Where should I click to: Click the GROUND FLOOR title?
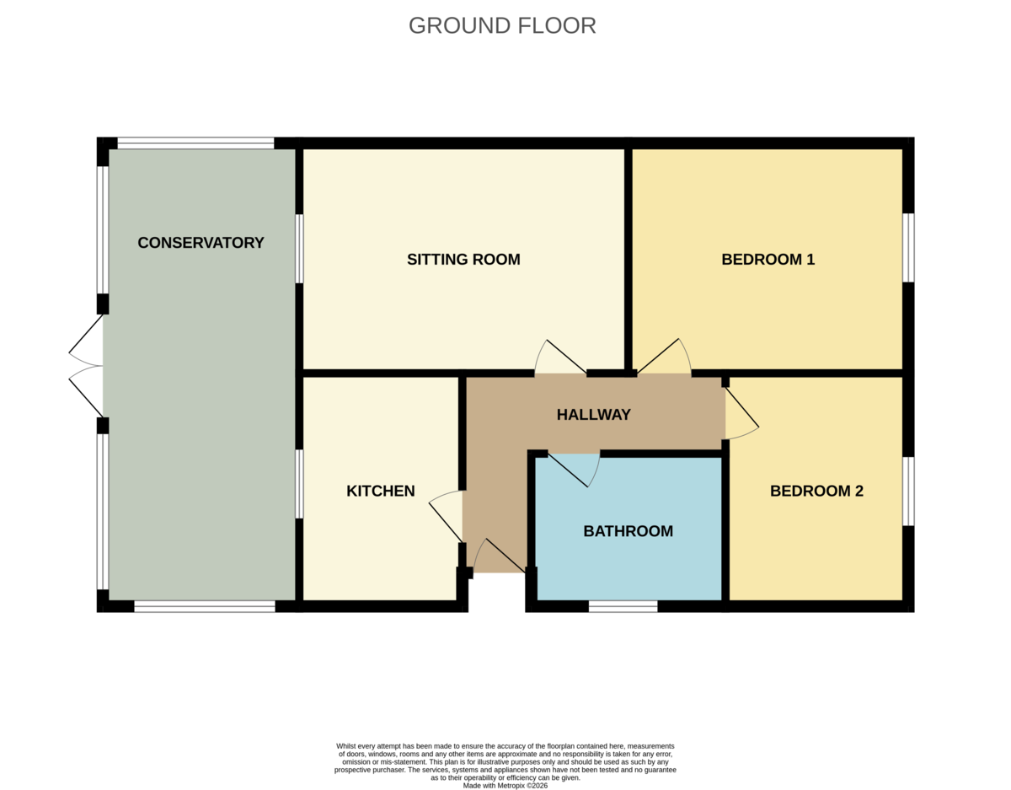502,26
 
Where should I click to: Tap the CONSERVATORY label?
201,243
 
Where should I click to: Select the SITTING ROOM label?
463,260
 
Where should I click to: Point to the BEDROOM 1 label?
768,260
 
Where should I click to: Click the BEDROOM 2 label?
816,491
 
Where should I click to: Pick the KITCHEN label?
381,491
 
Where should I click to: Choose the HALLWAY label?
594,414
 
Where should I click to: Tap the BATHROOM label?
629,530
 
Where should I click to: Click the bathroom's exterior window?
623,606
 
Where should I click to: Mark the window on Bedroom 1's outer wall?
908,248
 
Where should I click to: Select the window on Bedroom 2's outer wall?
908,492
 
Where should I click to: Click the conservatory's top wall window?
195,143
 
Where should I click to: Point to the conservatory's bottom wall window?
205,606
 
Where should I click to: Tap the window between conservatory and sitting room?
300,249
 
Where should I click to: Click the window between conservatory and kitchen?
300,484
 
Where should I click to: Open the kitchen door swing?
446,516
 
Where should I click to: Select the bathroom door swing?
574,470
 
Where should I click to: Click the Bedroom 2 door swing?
742,413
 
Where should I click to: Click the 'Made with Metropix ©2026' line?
505,785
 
